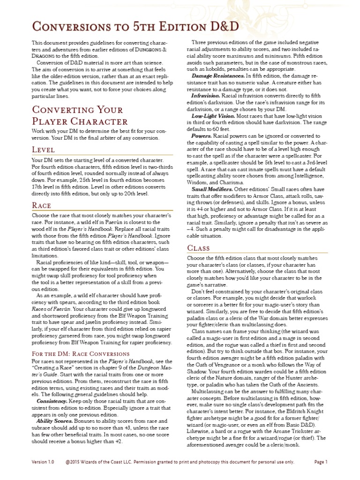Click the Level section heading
click(x=43, y=150)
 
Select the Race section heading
click(x=41, y=205)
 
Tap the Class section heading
click(x=198, y=247)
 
